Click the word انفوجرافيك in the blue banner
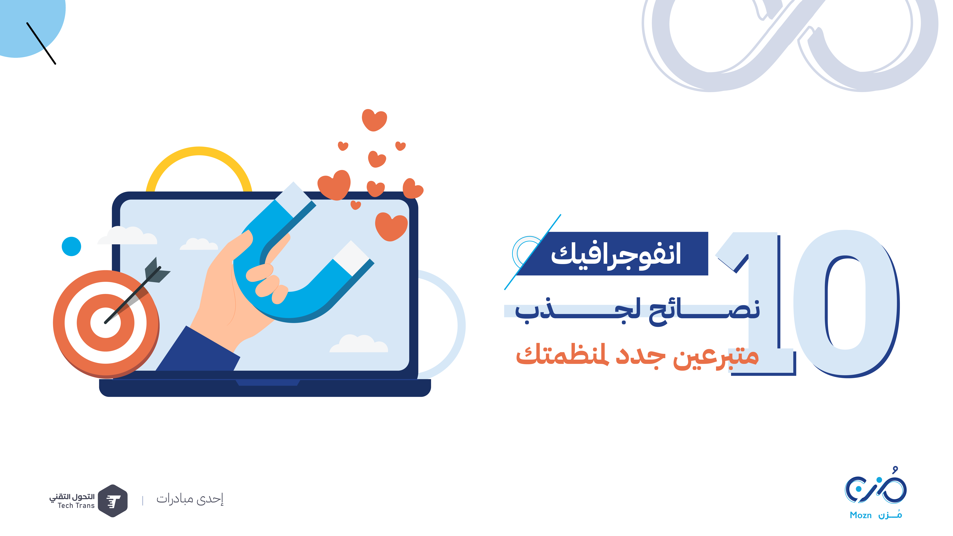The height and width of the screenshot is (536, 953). [x=616, y=254]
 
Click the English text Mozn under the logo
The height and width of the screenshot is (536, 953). [x=861, y=515]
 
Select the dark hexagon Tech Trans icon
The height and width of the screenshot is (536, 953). [x=113, y=501]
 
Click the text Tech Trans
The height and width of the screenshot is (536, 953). [x=76, y=506]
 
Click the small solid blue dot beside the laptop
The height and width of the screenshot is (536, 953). [x=71, y=246]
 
